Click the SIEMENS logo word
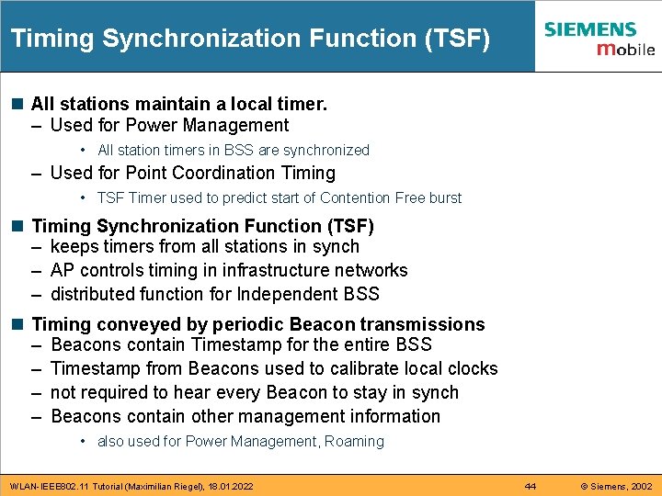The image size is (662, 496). point(589,29)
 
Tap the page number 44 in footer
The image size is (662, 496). point(531,485)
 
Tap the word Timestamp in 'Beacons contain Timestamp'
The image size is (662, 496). point(236,344)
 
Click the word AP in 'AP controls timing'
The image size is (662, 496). point(63,270)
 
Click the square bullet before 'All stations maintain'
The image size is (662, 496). point(18,105)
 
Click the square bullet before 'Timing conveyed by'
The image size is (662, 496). point(18,324)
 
